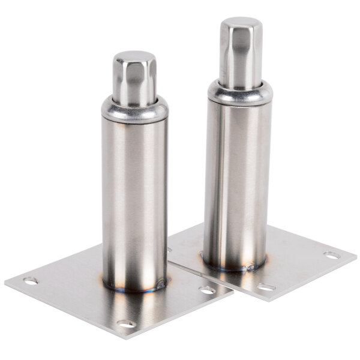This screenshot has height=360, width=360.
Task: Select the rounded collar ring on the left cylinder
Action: point(134,109)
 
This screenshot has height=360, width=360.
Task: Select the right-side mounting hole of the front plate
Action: point(207,290)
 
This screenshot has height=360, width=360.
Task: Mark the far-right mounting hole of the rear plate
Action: point(332,255)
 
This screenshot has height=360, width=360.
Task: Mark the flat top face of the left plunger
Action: point(134,58)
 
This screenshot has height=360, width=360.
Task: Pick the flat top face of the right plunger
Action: point(241,24)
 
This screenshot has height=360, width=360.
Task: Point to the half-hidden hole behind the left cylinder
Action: point(170,250)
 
